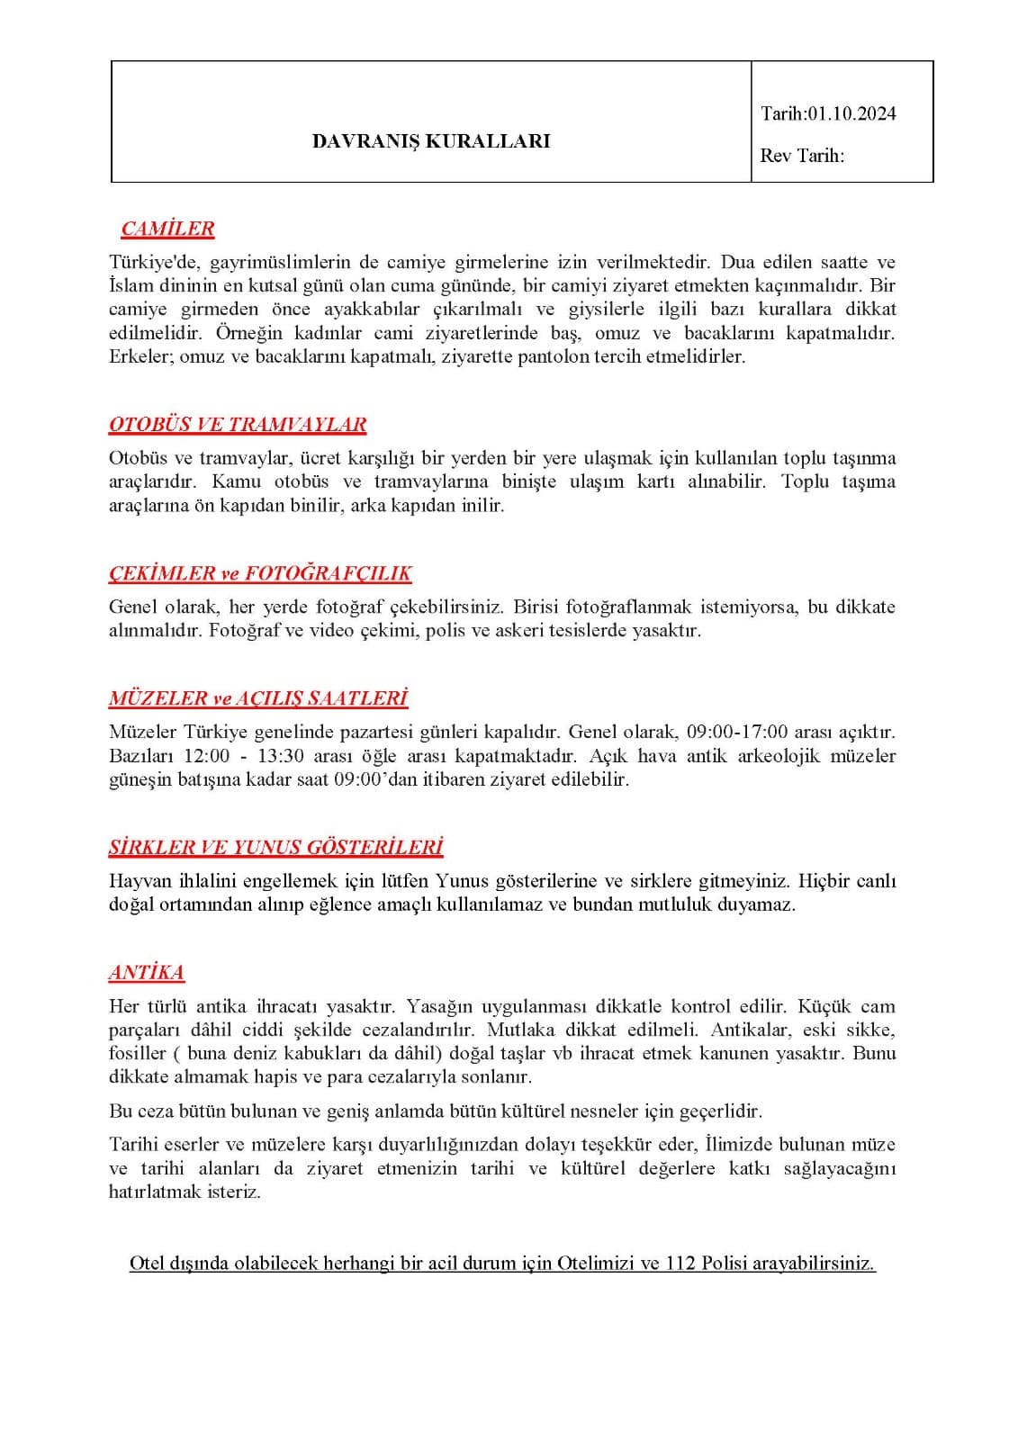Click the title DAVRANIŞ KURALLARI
430,141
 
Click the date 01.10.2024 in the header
851,113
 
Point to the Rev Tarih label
802,156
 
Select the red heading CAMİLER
167,229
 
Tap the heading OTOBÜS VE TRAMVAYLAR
238,425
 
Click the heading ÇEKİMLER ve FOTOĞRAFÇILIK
260,573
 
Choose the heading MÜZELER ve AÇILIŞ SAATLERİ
258,698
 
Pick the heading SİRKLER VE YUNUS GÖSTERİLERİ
275,848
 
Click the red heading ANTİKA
147,973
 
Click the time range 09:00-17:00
737,732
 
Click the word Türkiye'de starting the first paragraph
158,263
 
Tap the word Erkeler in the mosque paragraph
141,356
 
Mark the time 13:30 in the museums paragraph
282,755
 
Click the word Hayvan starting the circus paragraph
137,881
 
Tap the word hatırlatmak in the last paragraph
155,1192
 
